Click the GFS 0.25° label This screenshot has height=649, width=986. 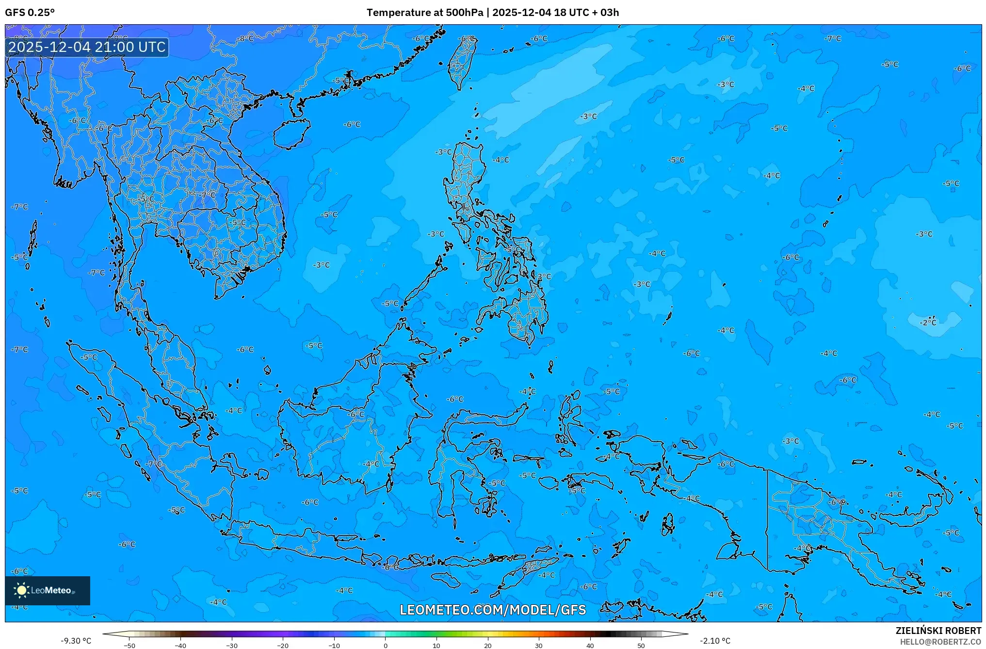(30, 13)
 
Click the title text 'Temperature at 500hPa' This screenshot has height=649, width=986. (424, 13)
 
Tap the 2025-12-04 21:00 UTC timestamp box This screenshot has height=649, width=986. (87, 47)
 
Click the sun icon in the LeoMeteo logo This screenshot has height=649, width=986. (21, 590)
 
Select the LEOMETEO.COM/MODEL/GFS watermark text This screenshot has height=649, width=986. (493, 610)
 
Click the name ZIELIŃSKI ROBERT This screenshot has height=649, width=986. (938, 631)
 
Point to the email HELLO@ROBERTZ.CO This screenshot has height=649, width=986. (940, 642)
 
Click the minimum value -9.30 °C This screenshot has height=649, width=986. (76, 641)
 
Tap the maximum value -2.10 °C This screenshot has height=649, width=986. (714, 641)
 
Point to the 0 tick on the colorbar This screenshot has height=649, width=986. (386, 645)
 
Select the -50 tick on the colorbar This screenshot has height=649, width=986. (129, 645)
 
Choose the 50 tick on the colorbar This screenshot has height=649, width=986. (641, 645)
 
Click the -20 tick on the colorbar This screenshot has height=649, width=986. (283, 645)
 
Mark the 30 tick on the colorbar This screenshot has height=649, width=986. (539, 645)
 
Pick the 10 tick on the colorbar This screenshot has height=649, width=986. (436, 645)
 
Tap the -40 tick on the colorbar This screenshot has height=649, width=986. (180, 645)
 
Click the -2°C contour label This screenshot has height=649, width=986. (928, 323)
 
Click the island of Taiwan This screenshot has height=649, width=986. (461, 63)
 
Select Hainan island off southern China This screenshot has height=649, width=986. (292, 133)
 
